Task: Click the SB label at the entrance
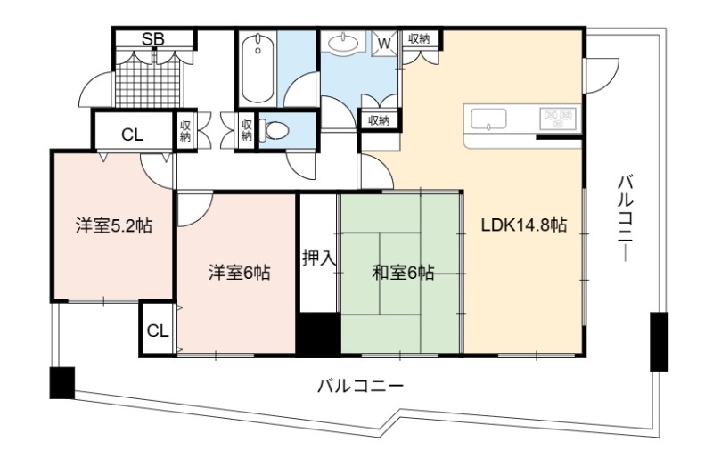click(152, 39)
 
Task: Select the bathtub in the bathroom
click(258, 69)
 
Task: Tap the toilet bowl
click(275, 130)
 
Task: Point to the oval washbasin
click(343, 44)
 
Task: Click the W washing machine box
click(384, 43)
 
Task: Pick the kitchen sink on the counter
click(488, 119)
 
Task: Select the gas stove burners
click(558, 118)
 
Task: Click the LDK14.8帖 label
click(524, 225)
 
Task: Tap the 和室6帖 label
click(403, 273)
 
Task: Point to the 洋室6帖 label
click(240, 273)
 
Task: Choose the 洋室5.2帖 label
click(114, 225)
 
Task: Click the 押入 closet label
click(320, 258)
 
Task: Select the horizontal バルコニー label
click(360, 387)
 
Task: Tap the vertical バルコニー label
click(626, 218)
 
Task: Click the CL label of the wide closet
click(132, 135)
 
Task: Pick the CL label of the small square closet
click(158, 331)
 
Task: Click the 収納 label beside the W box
click(419, 38)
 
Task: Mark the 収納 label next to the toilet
click(247, 130)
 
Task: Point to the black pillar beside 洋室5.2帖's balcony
click(61, 383)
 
